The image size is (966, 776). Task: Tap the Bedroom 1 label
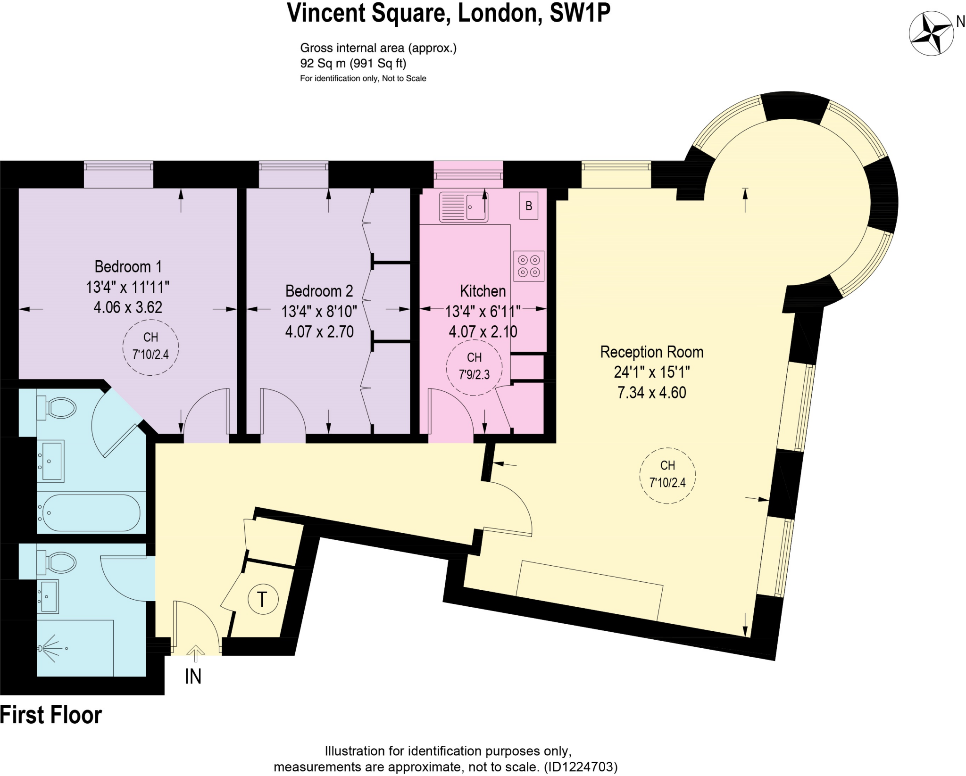pos(128,267)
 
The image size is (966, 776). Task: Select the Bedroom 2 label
pos(319,291)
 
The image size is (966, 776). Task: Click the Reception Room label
pos(651,352)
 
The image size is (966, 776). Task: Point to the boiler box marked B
pos(529,206)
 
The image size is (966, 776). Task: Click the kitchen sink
pos(463,207)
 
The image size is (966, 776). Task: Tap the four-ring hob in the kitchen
pos(529,266)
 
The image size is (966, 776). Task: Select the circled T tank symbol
pos(263,599)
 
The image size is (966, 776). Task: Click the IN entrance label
pos(193,677)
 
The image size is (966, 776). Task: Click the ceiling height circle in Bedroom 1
pos(150,347)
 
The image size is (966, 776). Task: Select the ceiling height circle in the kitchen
pos(474,367)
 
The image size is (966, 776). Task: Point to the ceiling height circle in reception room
pos(667,475)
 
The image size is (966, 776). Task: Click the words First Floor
pos(51,715)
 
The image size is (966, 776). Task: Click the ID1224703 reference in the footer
pos(581,767)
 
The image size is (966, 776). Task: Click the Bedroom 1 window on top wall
pos(119,166)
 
